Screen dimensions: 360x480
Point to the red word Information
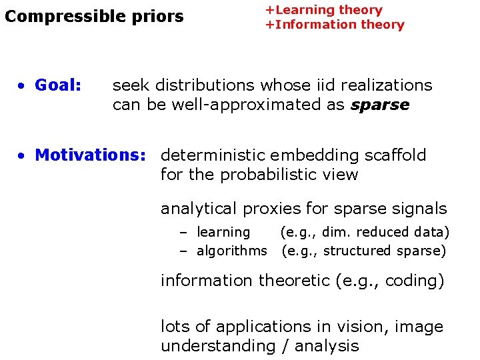[313, 25]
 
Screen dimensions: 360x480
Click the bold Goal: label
[58, 85]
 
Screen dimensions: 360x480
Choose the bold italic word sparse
[380, 105]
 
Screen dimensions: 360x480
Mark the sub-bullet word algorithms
[231, 251]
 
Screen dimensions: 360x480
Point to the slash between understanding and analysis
[283, 346]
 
